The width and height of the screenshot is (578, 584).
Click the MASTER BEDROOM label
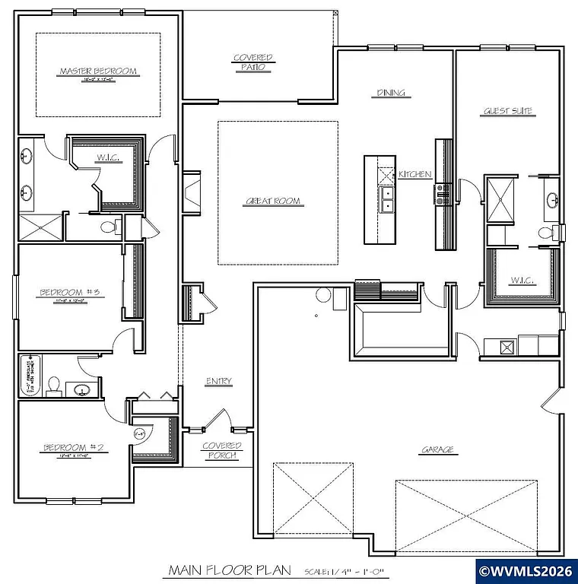pyautogui.click(x=98, y=71)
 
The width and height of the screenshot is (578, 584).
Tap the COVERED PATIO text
pyautogui.click(x=252, y=62)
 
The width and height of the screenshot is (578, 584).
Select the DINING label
pyautogui.click(x=391, y=94)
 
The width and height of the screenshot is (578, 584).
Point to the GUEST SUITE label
pyautogui.click(x=509, y=112)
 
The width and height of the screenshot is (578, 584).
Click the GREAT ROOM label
pyautogui.click(x=272, y=202)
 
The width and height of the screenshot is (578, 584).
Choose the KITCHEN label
pyautogui.click(x=415, y=175)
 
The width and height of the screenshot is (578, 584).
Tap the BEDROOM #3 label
pyautogui.click(x=67, y=292)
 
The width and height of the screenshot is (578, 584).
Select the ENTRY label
pyautogui.click(x=219, y=381)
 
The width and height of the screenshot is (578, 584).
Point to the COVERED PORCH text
pyautogui.click(x=222, y=450)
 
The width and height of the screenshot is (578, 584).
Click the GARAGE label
pyautogui.click(x=439, y=449)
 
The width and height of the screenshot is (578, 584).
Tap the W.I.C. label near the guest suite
pyautogui.click(x=523, y=281)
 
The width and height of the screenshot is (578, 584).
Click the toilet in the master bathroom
pyautogui.click(x=108, y=226)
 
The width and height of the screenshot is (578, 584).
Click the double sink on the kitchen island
pyautogui.click(x=387, y=199)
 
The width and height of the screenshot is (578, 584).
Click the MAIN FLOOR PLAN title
pyautogui.click(x=215, y=570)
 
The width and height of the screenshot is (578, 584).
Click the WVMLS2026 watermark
pyautogui.click(x=526, y=570)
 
